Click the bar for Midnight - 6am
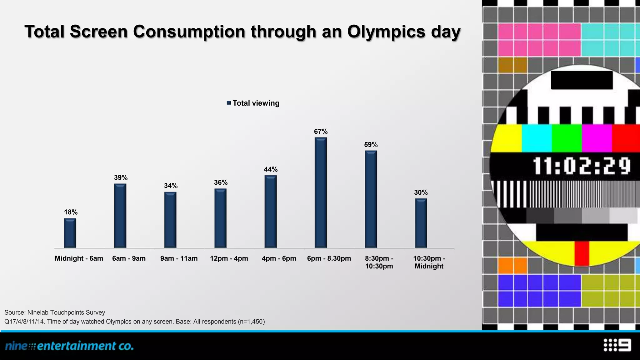pos(70,233)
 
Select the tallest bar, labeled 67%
pos(321,193)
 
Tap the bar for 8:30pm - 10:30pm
pos(371,199)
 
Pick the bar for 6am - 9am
pos(120,216)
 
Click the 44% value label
pos(271,169)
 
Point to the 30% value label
pos(421,192)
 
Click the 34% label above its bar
pos(171,186)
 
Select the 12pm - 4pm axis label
pos(229,258)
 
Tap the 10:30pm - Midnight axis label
pos(429,262)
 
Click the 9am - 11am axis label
pos(179,258)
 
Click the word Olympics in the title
pos(386,32)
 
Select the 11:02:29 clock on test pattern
pos(581,166)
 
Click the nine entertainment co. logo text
pos(69,346)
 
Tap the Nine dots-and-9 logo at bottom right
pos(617,345)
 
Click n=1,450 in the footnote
pos(251,322)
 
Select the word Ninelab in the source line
pos(38,312)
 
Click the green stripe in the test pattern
pos(566,138)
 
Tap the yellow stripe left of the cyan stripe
pos(506,138)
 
